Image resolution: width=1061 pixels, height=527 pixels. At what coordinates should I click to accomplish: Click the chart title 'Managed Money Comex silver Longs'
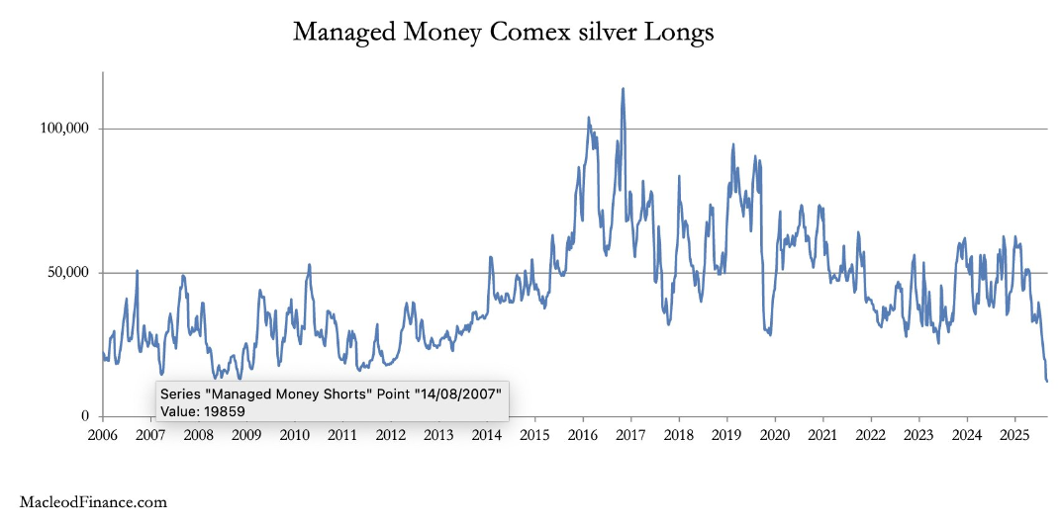point(503,33)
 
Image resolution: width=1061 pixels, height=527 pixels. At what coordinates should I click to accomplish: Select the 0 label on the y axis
point(87,416)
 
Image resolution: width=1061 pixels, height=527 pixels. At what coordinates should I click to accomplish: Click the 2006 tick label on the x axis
point(102,435)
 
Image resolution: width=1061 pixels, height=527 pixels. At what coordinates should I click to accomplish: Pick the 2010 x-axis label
point(294,435)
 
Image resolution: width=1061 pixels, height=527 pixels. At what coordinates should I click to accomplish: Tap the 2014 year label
point(486,435)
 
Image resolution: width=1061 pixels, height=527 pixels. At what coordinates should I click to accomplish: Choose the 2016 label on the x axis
point(582,435)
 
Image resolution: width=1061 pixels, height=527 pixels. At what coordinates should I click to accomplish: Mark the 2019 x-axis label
point(726,435)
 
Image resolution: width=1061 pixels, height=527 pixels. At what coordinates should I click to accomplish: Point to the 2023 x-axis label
point(918,435)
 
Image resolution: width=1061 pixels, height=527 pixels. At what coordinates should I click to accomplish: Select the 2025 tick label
point(1014,435)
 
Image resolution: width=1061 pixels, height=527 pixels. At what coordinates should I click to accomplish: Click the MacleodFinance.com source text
point(93,502)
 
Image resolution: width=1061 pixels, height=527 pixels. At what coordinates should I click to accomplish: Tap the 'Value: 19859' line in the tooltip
point(202,410)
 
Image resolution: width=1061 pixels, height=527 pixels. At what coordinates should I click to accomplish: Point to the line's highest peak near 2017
point(623,89)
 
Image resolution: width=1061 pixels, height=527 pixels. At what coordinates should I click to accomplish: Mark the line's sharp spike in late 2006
point(137,271)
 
